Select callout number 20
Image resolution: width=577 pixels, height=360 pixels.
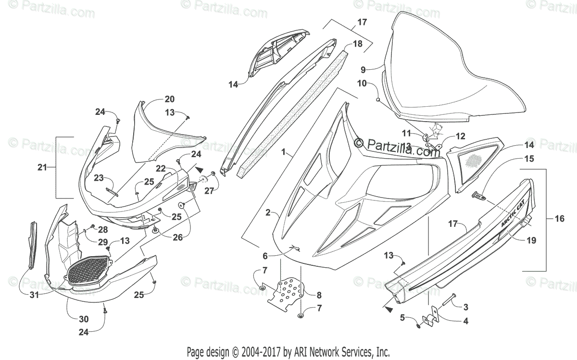pos(169,99)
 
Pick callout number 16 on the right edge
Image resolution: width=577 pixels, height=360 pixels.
pos(560,218)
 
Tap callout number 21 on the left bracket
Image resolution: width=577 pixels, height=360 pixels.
pos(42,167)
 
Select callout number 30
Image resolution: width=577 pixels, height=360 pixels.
pos(84,318)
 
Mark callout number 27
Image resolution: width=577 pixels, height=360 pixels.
pos(208,191)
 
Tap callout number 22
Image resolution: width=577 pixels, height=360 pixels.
pos(161,168)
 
